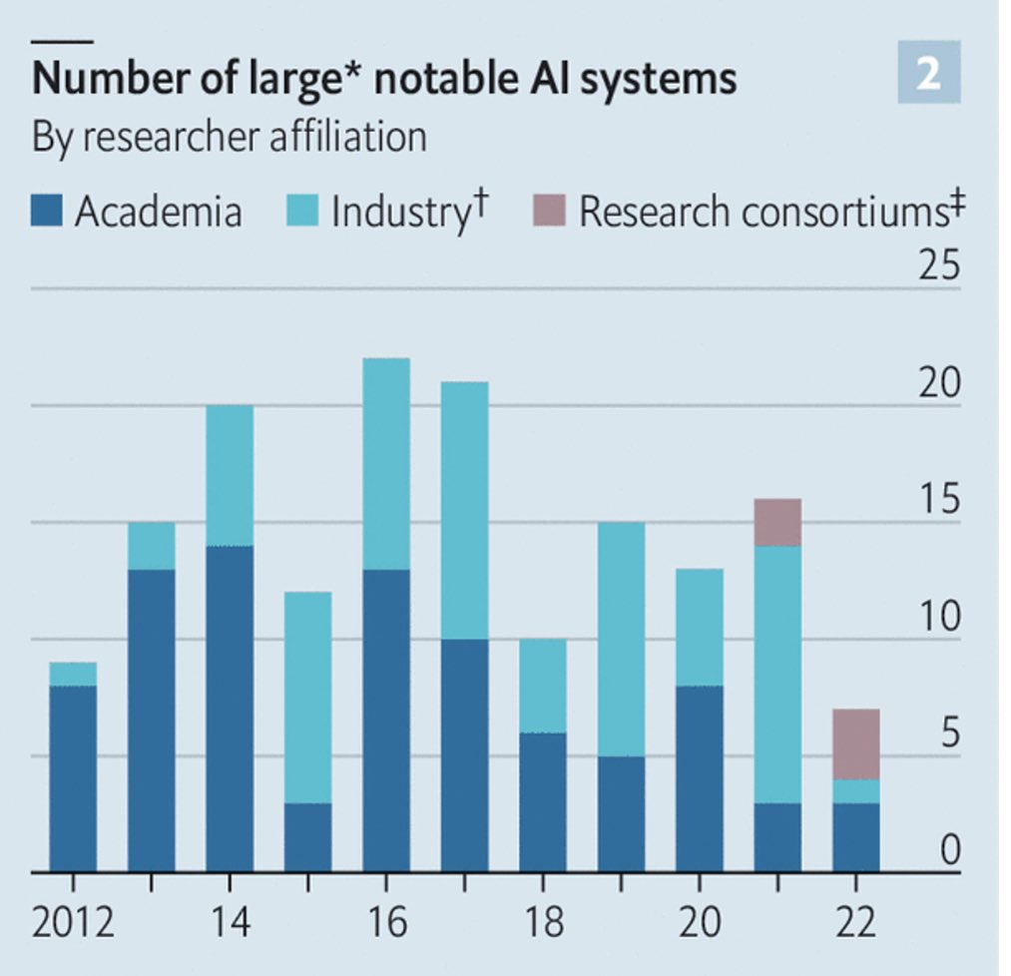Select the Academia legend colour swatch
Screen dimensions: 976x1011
[x=48, y=212]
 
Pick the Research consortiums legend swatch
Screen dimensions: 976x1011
[x=551, y=212]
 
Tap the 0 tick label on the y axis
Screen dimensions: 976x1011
[x=949, y=851]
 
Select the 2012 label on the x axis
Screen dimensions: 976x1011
[x=73, y=920]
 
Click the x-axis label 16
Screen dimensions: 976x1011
[x=386, y=920]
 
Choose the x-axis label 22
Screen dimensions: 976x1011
[x=855, y=920]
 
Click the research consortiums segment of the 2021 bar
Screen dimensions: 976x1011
[x=777, y=522]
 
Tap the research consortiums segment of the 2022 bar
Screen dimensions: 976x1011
[x=855, y=743]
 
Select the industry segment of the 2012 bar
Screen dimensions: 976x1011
[x=73, y=674]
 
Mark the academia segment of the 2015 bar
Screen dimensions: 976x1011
[x=307, y=837]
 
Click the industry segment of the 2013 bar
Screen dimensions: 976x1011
[x=151, y=546]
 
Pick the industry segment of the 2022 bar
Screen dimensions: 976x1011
[x=855, y=790]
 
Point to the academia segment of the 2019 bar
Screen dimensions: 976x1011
[x=621, y=813]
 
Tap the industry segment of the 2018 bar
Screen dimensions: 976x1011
[x=543, y=686]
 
